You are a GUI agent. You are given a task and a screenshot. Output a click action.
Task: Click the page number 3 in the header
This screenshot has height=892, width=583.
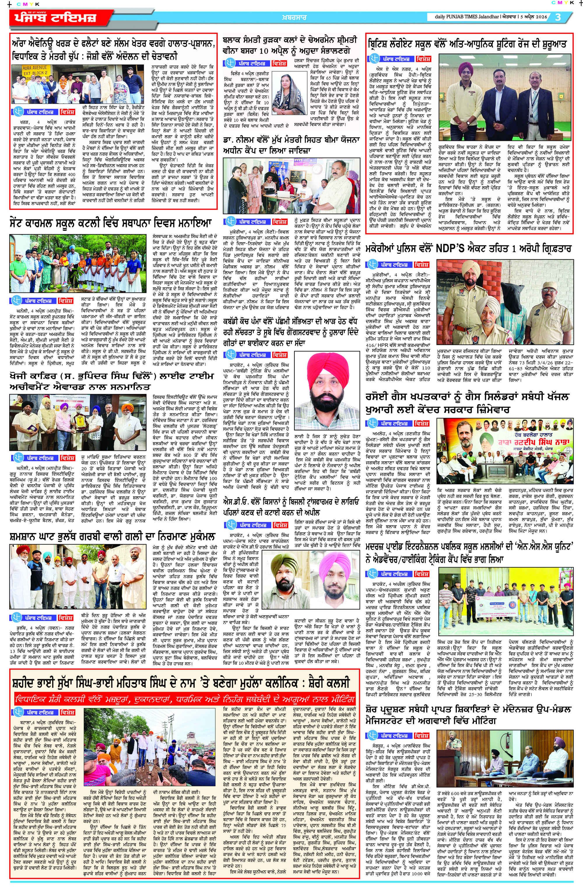(558, 17)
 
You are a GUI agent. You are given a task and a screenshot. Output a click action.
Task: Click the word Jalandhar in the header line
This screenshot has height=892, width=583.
(486, 17)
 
